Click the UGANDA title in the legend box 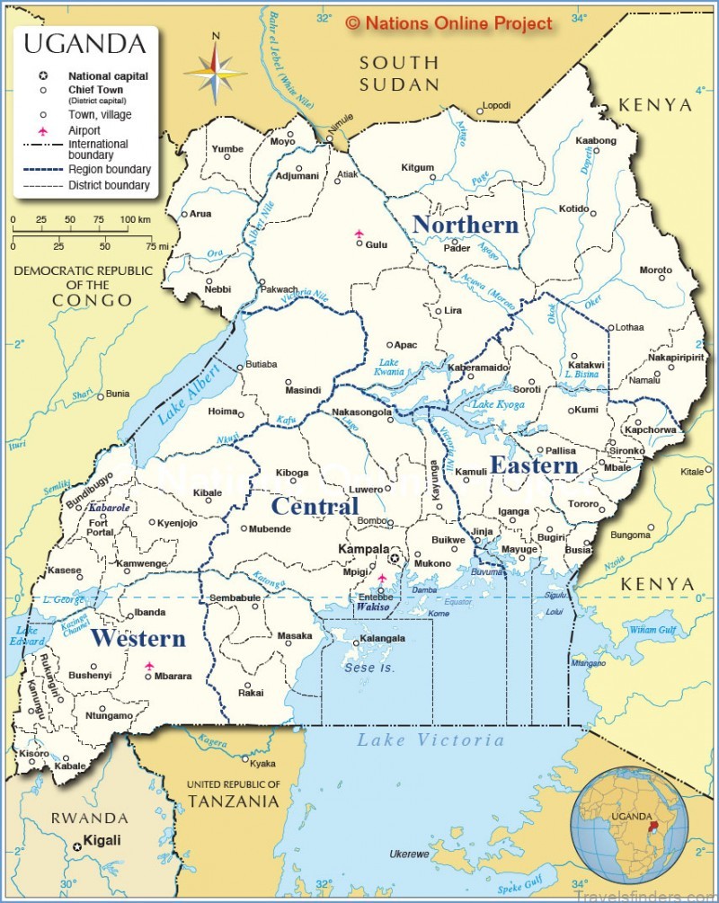pos(84,43)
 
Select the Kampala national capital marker pos(393,558)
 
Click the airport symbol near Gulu pos(359,234)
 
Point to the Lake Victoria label pos(431,740)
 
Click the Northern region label pos(465,225)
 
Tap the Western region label pos(138,639)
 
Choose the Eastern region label pos(534,465)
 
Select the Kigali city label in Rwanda pos(101,840)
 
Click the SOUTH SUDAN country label pos(399,74)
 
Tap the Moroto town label pos(655,270)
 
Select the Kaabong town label pos(595,141)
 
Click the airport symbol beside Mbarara pos(149,666)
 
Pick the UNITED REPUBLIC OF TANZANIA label pos(233,793)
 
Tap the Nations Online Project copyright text pos(448,23)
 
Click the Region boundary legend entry pos(110,169)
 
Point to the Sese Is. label pos(368,668)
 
